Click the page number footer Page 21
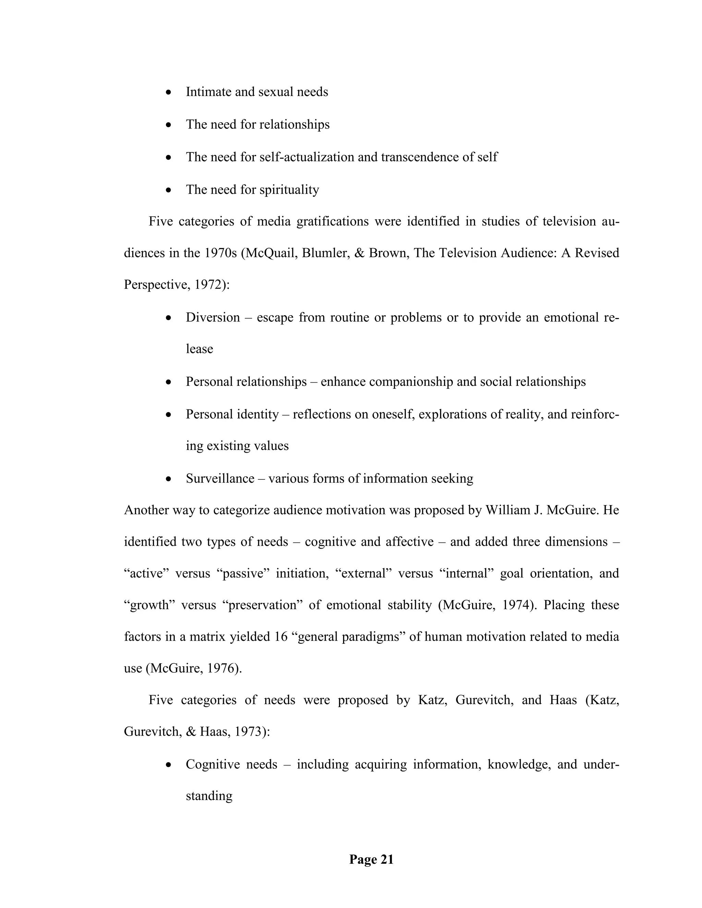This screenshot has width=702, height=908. pos(371,859)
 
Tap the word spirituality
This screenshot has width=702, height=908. pos(289,190)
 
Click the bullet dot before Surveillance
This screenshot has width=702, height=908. pos(168,479)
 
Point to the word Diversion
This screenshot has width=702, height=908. pos(213,318)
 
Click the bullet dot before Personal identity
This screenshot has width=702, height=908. pos(168,415)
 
